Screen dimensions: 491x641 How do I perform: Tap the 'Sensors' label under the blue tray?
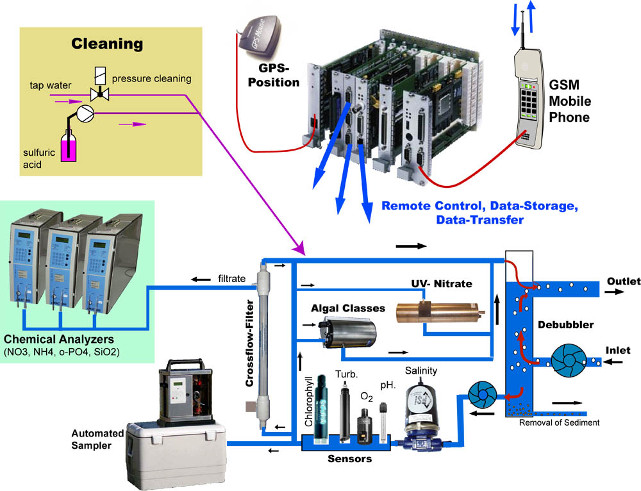[350, 459]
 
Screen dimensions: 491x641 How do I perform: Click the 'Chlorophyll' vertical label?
[308, 401]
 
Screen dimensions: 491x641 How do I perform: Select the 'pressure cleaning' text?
[152, 79]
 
